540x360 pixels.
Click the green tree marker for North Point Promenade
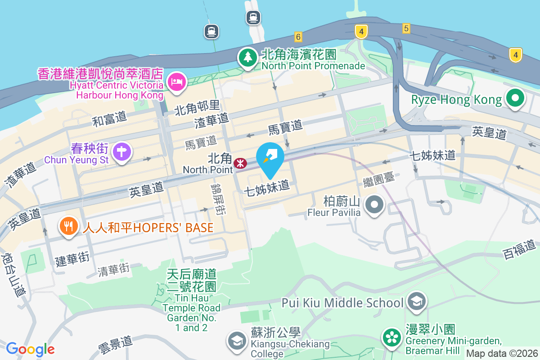click(247, 58)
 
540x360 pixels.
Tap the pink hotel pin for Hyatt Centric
click(176, 81)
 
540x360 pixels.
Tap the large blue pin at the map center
click(270, 158)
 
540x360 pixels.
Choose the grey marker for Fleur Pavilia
click(373, 205)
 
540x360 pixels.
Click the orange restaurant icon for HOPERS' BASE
click(68, 226)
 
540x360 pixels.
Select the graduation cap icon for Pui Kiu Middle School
click(417, 302)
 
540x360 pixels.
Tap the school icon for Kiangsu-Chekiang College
click(236, 341)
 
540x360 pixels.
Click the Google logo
click(30, 349)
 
